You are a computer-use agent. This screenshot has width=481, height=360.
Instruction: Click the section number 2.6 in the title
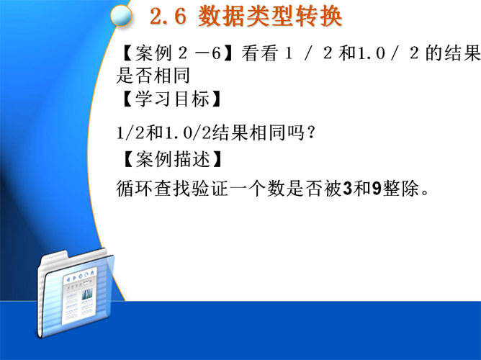point(168,17)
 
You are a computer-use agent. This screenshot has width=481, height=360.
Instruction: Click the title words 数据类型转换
point(270,17)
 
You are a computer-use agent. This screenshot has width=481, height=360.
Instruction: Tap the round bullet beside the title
point(121,16)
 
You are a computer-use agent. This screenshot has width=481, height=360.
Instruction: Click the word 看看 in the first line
point(259,53)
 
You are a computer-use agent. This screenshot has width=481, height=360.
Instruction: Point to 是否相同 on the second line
point(153,76)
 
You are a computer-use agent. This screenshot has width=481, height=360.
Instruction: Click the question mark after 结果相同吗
point(311,132)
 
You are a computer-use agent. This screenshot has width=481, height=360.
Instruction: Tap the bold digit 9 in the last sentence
point(377,188)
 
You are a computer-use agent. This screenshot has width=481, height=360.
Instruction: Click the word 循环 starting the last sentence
point(135,188)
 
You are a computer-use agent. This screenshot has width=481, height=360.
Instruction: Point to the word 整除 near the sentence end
point(400,188)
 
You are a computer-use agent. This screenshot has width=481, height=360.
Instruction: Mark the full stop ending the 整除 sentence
point(425,193)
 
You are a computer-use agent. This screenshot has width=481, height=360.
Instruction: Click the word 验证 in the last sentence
point(210,188)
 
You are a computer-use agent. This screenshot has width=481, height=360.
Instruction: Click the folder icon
point(76,292)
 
